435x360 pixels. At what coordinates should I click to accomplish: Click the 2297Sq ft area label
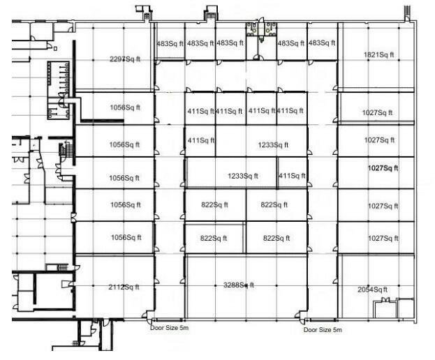coord(125,59)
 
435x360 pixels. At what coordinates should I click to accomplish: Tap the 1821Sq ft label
coord(378,55)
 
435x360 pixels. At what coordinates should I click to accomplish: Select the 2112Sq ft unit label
coord(124,287)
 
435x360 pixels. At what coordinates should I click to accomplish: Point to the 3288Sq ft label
coord(239,285)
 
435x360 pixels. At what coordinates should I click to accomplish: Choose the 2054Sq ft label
coord(372,290)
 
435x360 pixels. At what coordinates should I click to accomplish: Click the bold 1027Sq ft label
coord(383,168)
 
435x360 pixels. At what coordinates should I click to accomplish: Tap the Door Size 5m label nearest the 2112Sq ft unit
coord(169,328)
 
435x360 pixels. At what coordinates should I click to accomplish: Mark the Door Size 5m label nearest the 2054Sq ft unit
coord(323,330)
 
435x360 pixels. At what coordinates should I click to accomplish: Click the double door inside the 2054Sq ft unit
coord(385,300)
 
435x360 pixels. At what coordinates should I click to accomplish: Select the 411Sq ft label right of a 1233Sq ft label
coord(292,176)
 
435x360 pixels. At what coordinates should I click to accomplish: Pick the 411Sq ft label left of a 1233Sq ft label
coord(201,140)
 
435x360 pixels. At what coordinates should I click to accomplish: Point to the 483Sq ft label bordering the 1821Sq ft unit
coord(322,43)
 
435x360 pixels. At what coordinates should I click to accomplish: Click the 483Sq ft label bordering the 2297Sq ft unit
coord(170,43)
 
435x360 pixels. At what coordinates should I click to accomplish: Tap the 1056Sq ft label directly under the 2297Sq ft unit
coord(125,107)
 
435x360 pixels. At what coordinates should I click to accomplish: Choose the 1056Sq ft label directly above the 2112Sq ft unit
coord(126,237)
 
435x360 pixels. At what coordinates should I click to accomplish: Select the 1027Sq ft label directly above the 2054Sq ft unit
coord(383,239)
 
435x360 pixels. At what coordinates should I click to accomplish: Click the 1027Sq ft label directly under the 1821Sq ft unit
coord(377,113)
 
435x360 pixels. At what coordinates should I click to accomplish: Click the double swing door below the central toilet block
coord(258,57)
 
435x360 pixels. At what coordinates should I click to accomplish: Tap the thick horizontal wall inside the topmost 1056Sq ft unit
coord(103,121)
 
